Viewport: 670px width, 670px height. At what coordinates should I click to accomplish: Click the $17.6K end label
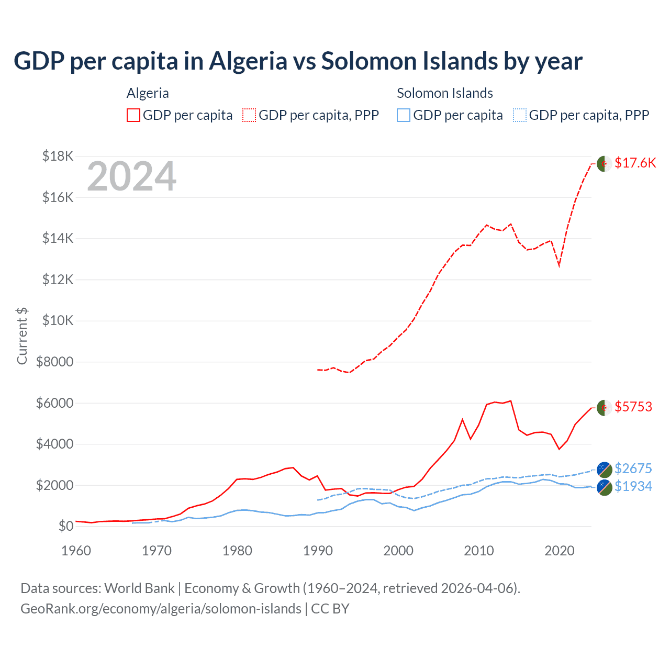tap(635, 163)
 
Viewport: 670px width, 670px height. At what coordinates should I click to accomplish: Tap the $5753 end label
tap(633, 407)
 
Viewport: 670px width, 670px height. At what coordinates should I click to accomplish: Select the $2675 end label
tap(633, 468)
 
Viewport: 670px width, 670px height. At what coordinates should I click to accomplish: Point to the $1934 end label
tap(633, 486)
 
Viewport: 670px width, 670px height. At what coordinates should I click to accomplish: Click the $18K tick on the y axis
tap(58, 156)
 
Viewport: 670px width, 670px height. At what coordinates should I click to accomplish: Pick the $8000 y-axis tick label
tap(54, 362)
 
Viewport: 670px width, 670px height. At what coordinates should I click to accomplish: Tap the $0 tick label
tap(65, 526)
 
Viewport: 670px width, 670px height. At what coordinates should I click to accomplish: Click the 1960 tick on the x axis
tap(76, 551)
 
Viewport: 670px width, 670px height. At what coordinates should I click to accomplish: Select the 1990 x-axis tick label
tap(318, 551)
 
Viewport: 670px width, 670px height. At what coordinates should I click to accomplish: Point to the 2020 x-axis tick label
tap(560, 551)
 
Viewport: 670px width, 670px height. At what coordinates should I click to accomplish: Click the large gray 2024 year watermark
tap(132, 176)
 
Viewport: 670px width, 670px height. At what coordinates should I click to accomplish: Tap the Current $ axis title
tap(22, 336)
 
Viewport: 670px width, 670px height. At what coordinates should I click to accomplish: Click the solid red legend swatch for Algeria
tap(133, 115)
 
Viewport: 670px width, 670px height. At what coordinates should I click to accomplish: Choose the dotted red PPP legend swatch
tap(249, 115)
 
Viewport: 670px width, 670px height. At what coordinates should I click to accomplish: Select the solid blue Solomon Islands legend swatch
tap(404, 115)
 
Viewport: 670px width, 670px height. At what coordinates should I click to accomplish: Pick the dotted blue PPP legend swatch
tap(520, 115)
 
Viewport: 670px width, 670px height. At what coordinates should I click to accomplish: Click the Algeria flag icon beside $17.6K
tap(605, 163)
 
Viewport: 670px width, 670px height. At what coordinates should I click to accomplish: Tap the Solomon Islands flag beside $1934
tap(605, 487)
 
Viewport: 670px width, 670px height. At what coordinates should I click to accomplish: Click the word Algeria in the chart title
tap(248, 61)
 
